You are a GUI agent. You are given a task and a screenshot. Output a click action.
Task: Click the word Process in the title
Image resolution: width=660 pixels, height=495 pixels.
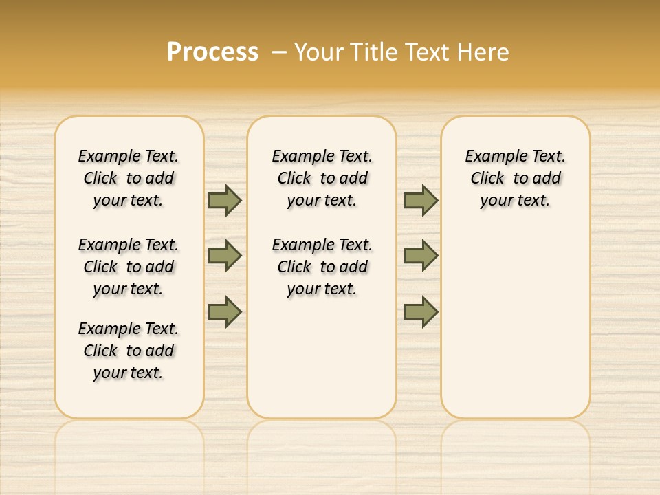212,52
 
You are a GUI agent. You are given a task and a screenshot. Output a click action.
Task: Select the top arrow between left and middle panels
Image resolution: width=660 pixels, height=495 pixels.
225,200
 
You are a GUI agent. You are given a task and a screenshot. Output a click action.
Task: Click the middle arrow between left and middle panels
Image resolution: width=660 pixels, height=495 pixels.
225,256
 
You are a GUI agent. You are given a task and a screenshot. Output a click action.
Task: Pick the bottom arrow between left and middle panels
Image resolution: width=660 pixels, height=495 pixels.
225,311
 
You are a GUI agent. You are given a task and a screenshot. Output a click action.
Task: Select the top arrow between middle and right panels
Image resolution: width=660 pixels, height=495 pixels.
421,200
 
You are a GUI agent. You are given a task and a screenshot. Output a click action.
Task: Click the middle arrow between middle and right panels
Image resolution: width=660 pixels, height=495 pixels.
421,256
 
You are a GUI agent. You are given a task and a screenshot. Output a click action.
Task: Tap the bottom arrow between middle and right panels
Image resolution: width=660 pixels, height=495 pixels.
421,311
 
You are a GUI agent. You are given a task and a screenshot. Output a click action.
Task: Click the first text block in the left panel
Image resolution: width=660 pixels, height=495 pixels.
129,178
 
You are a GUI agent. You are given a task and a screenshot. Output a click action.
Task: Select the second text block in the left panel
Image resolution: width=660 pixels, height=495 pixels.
129,267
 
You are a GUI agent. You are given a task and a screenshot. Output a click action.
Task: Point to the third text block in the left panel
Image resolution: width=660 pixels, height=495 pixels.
129,351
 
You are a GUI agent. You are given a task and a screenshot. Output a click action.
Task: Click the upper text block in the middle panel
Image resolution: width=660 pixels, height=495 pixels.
322,178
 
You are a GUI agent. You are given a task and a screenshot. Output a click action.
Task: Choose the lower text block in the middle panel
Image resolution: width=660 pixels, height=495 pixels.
322,267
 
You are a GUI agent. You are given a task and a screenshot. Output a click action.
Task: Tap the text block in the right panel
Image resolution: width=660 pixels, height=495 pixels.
515,178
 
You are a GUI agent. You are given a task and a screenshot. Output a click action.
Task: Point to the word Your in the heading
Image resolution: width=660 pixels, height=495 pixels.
320,52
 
